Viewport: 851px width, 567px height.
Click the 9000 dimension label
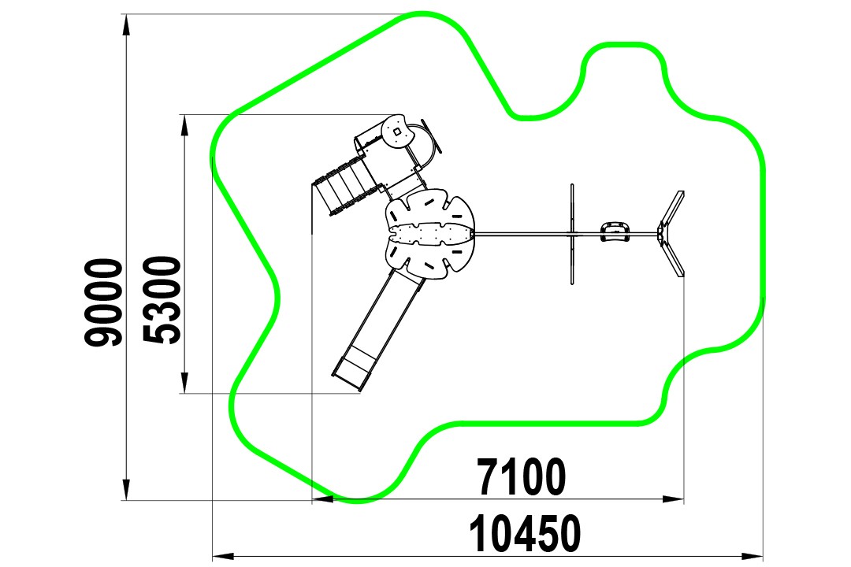(104, 302)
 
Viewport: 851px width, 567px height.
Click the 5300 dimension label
(162, 300)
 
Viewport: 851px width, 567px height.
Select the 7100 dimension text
(522, 477)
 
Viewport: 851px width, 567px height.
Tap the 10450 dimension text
(525, 534)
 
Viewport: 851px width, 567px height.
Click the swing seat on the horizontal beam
(615, 232)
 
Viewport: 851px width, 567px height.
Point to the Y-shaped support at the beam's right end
(671, 234)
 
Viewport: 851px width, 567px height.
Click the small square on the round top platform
(397, 132)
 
